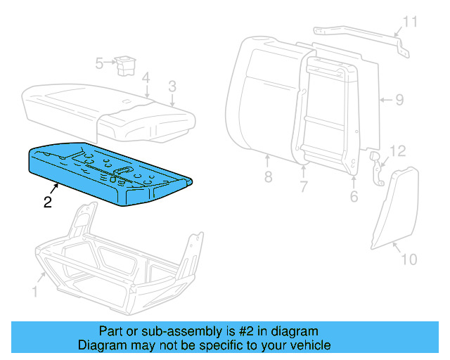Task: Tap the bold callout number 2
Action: (47, 203)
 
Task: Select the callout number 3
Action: (172, 86)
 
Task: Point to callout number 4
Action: (145, 77)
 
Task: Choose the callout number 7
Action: (303, 187)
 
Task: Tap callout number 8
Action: (268, 177)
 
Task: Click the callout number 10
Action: (409, 259)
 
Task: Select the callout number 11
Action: (409, 22)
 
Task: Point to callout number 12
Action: (398, 151)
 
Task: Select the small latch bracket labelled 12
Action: (377, 167)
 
